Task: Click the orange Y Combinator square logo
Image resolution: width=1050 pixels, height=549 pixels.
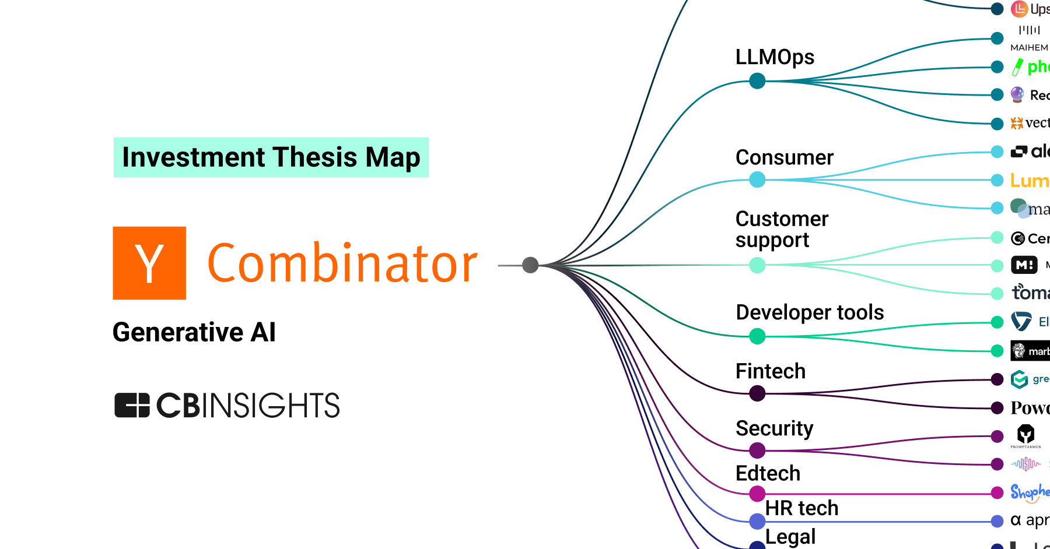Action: coord(149,263)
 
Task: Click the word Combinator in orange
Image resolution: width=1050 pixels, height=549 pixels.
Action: coord(342,263)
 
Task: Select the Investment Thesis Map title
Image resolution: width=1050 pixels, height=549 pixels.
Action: coord(271,157)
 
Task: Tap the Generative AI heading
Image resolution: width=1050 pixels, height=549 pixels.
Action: coord(194,332)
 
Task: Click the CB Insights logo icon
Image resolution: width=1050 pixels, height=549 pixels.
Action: coord(132,405)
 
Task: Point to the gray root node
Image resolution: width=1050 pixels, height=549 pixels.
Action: coord(530,265)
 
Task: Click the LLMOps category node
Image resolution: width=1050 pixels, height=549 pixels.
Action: coord(757,81)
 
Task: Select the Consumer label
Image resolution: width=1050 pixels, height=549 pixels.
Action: coord(784,157)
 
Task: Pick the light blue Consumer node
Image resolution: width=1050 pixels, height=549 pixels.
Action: coord(757,180)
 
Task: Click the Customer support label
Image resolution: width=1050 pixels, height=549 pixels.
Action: coord(782,229)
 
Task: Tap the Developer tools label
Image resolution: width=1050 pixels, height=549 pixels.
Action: coord(810,312)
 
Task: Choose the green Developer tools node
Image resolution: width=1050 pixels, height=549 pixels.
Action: coord(757,336)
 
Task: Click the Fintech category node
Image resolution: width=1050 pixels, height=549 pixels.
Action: coord(757,393)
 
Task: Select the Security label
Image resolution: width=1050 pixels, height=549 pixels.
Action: coord(774,428)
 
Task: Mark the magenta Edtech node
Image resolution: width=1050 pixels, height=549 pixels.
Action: coord(757,494)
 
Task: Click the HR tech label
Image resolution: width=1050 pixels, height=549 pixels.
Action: coord(801,508)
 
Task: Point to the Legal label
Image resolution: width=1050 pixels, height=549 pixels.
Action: coord(790,536)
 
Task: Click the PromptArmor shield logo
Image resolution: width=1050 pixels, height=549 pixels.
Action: coord(1025,435)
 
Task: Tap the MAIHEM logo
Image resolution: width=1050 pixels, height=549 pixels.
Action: coord(1029,38)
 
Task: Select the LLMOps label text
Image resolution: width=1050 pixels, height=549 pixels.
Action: coord(775,57)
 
